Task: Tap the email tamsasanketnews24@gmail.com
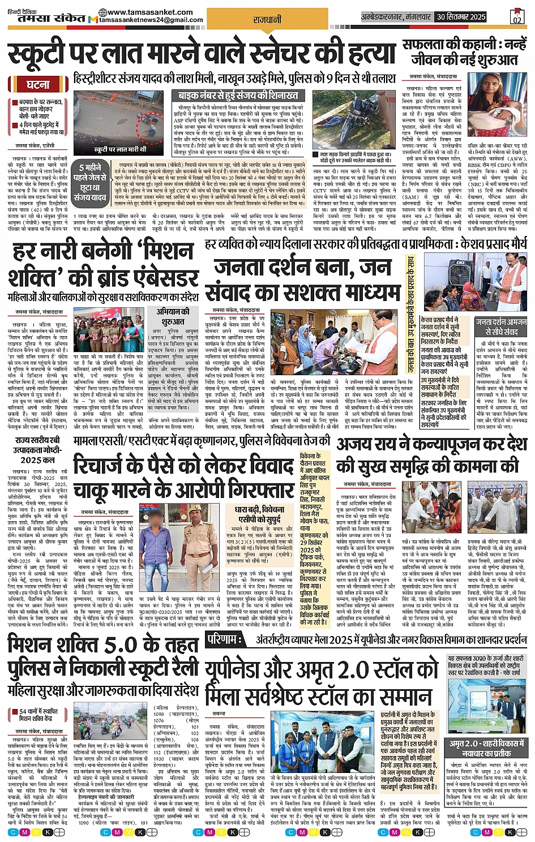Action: [151, 20]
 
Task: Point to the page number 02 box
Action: [516, 17]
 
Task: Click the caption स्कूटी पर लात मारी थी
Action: [120, 149]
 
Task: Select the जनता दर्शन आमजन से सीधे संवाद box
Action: [501, 327]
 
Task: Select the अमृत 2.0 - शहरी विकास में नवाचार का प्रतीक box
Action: [488, 748]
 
